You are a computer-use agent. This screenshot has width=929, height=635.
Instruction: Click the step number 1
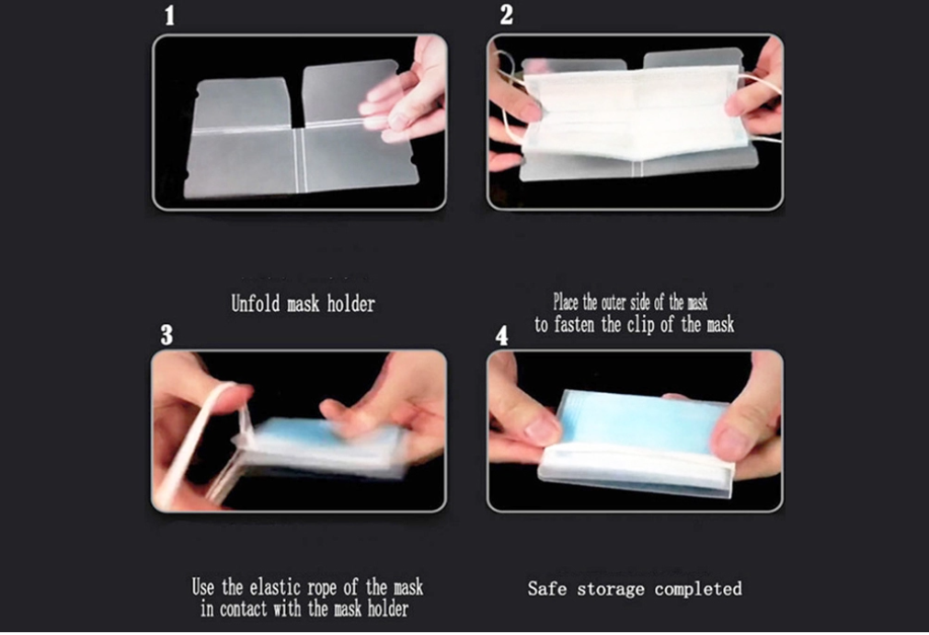170,16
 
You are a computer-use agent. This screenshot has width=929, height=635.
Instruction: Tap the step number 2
507,14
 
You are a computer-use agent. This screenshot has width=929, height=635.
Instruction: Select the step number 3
166,334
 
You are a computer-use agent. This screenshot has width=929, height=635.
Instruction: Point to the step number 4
502,336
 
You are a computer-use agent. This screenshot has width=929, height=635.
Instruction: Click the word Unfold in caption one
255,304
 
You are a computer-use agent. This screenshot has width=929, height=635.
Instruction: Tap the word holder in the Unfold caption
351,305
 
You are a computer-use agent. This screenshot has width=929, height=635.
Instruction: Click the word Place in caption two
566,302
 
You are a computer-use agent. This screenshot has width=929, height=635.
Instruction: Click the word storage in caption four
611,589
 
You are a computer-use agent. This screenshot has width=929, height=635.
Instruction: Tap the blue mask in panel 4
643,424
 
